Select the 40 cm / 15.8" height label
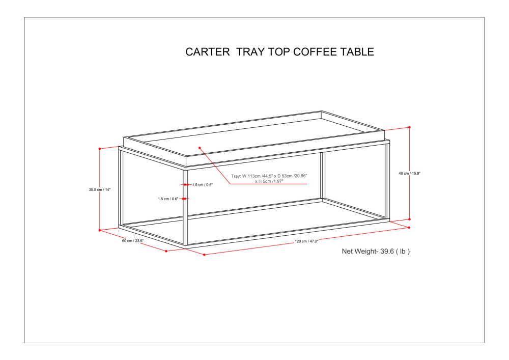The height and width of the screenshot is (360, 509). coord(409,174)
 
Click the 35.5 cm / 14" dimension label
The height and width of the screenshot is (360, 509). coord(100,189)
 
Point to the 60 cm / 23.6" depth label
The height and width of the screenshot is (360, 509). coord(133,241)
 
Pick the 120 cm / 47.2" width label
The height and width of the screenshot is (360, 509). coord(306,241)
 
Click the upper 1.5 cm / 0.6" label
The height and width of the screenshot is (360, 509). coord(202,185)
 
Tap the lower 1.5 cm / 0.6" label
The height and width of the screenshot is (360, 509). coord(168,199)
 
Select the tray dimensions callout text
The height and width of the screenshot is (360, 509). coord(269,178)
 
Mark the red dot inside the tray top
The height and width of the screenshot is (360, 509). coord(200,148)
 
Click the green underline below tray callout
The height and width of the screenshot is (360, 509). coord(269,184)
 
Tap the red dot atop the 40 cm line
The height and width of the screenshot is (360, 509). coord(409,127)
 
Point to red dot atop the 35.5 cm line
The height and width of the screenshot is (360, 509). coord(100,149)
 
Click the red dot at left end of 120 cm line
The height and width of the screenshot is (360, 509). coord(204,255)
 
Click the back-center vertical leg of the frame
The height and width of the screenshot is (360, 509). coord(322,176)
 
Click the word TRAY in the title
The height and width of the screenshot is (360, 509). coord(250,52)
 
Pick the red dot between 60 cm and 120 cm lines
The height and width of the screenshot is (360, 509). coord(166,251)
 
